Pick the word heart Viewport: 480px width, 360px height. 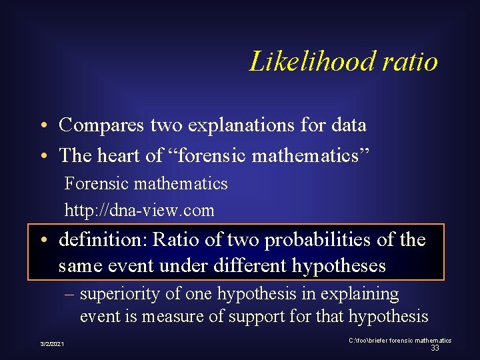click(x=119, y=155)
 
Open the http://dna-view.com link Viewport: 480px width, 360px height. click(x=139, y=211)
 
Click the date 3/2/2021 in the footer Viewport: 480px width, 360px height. click(x=53, y=344)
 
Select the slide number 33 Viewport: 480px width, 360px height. click(x=435, y=348)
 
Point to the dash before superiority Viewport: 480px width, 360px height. click(x=69, y=294)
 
